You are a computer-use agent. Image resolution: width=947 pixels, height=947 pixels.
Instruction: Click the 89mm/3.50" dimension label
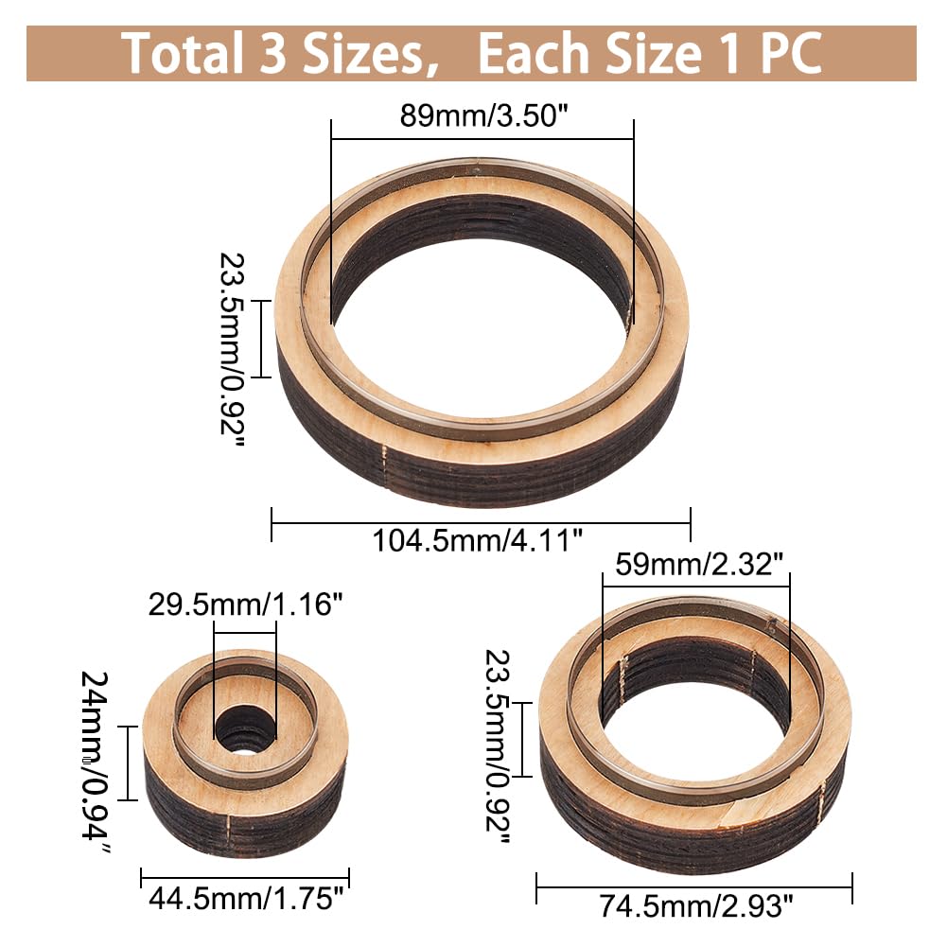483,115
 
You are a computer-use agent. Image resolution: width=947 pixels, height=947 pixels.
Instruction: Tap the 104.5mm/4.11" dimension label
477,540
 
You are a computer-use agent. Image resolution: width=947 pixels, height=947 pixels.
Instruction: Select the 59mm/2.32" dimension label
699,565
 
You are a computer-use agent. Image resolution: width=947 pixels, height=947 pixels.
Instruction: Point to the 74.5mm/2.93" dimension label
695,906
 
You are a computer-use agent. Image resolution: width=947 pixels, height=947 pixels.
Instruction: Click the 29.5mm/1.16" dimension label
245,604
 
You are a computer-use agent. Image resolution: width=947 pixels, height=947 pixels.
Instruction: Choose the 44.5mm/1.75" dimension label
246,898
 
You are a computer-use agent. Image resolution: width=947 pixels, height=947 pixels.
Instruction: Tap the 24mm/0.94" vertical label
96,763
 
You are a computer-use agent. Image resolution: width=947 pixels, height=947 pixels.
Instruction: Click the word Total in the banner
182,53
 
